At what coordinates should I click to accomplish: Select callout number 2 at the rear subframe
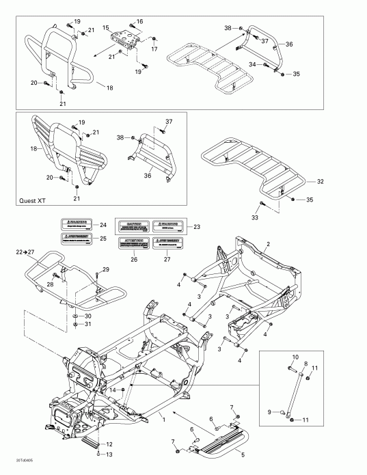point(269,244)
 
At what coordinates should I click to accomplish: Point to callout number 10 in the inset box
point(296,357)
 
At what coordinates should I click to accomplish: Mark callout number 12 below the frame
point(109,444)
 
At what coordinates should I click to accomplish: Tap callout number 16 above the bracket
point(139,22)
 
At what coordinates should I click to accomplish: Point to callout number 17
point(154,49)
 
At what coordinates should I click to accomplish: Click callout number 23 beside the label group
point(198,227)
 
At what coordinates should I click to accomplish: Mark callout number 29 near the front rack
point(106,269)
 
